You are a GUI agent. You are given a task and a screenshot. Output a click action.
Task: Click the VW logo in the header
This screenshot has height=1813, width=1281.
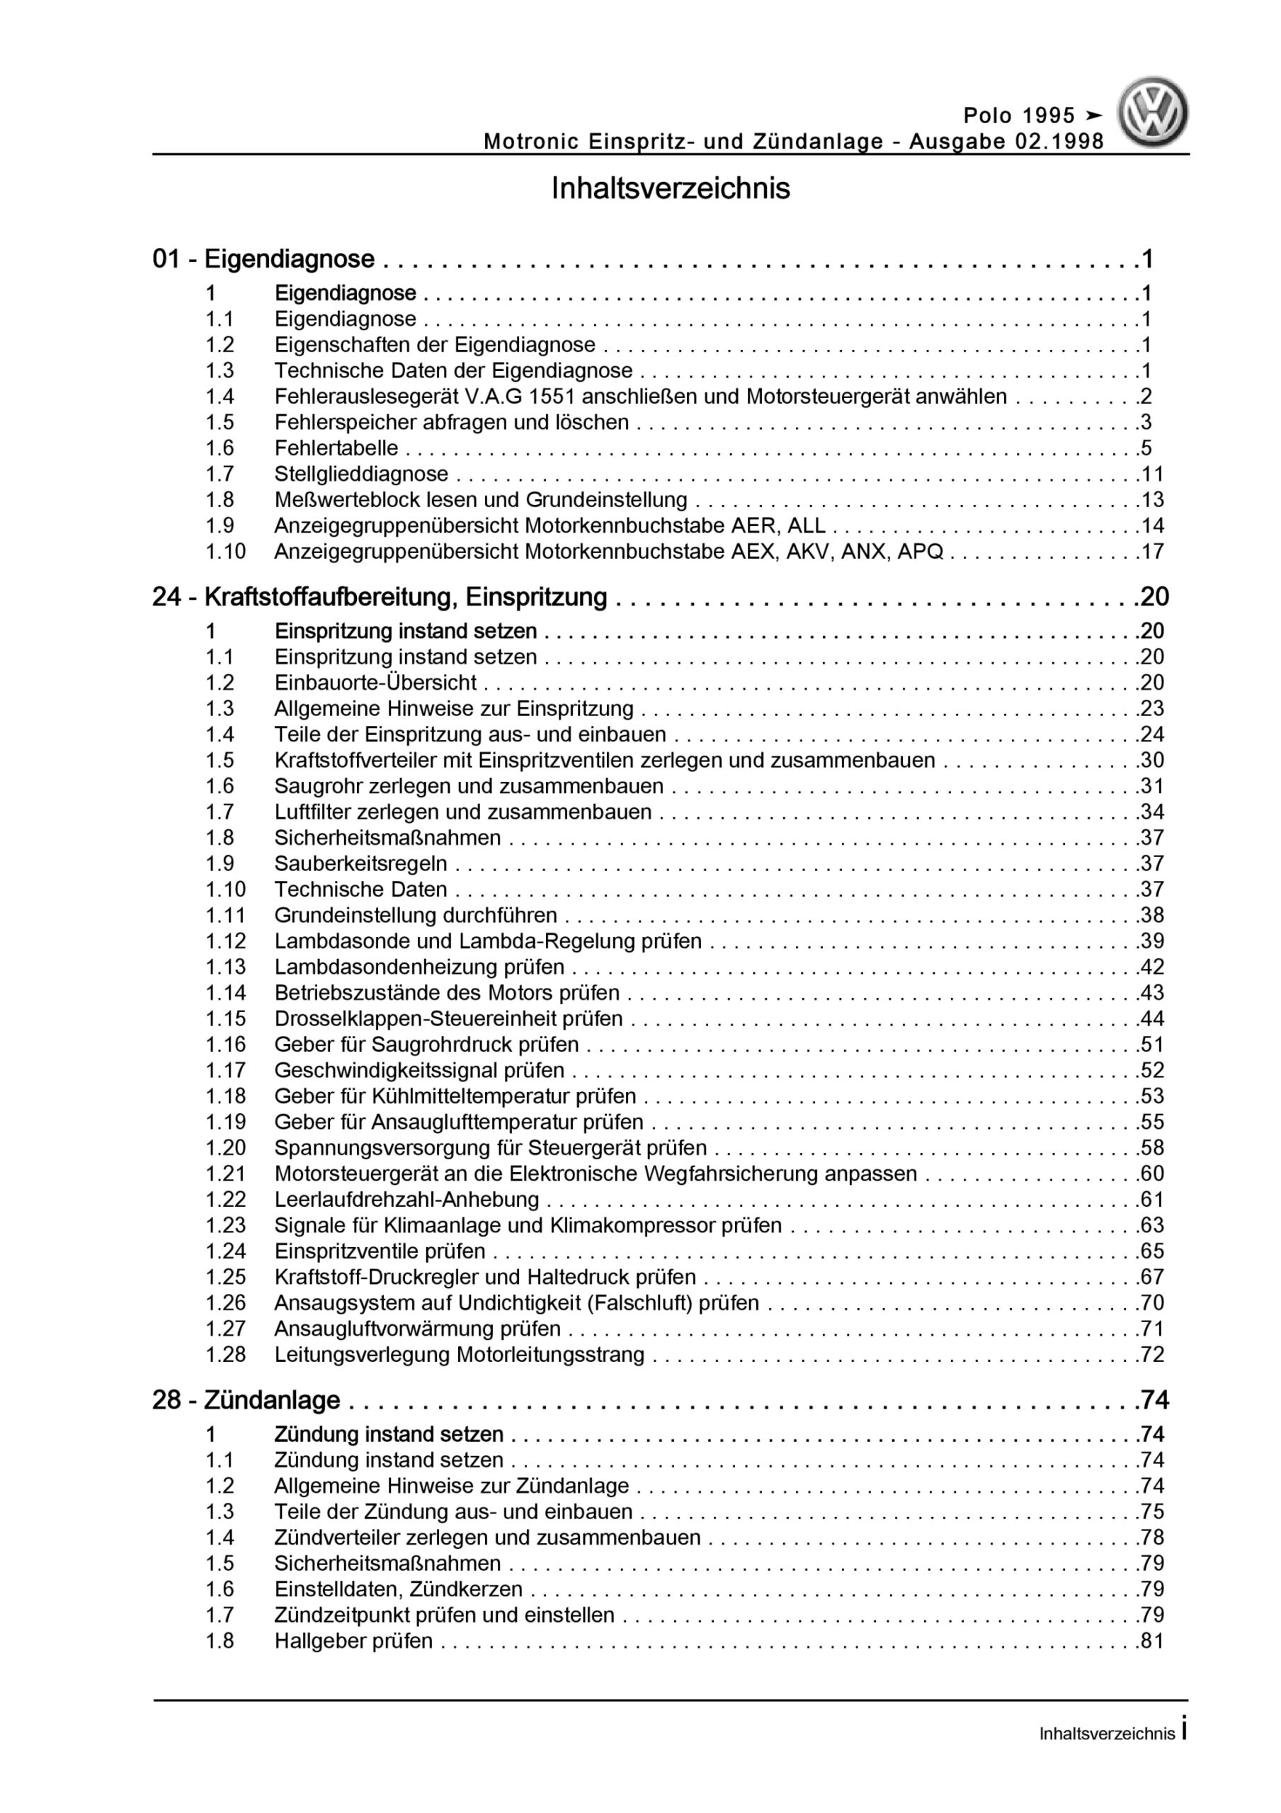pyautogui.click(x=1151, y=112)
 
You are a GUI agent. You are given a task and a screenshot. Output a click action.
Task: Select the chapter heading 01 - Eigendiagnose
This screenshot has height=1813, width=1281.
pyautogui.click(x=264, y=259)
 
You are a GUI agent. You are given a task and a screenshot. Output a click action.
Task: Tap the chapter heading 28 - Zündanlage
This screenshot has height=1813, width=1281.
pyautogui.click(x=246, y=1400)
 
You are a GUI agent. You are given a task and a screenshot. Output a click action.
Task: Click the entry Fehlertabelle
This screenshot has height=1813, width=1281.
pyautogui.click(x=336, y=448)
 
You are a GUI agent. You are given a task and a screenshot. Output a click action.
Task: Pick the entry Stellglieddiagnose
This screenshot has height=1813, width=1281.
pyautogui.click(x=361, y=474)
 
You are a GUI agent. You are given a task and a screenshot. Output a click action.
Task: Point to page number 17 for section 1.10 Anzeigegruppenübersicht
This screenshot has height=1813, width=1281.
pyautogui.click(x=1152, y=551)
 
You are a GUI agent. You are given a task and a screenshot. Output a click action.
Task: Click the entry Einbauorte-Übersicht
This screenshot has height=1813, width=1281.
pyautogui.click(x=375, y=682)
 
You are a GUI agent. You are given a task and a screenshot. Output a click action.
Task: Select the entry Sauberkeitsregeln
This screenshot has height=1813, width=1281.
pyautogui.click(x=360, y=863)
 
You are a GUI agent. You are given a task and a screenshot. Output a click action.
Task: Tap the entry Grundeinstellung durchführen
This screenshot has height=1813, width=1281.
pyautogui.click(x=416, y=915)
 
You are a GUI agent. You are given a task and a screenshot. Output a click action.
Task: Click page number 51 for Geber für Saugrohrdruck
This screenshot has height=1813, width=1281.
pyautogui.click(x=1152, y=1045)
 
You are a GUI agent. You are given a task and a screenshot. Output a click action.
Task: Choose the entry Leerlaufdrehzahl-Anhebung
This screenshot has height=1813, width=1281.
pyautogui.click(x=406, y=1200)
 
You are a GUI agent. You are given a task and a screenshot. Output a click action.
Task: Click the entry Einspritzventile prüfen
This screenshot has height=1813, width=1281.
pyautogui.click(x=380, y=1251)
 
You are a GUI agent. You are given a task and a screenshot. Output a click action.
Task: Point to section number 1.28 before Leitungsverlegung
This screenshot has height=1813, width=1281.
pyautogui.click(x=226, y=1355)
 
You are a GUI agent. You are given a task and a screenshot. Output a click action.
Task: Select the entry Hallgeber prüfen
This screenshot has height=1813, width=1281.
pyautogui.click(x=354, y=1641)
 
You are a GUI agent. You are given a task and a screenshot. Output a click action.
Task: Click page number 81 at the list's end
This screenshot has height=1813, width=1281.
pyautogui.click(x=1152, y=1641)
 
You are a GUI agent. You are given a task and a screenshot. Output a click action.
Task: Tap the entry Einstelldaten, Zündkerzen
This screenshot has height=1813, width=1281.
pyautogui.click(x=398, y=1588)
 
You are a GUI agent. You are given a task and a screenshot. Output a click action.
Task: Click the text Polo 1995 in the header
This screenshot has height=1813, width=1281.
pyautogui.click(x=1019, y=116)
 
